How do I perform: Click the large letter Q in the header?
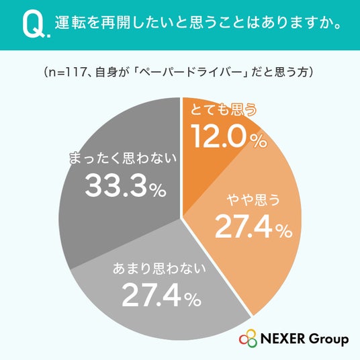pos(34,25)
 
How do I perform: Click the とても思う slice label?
pos(224,109)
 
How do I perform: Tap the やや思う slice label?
pos(253,199)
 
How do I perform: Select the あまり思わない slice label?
pos(159,269)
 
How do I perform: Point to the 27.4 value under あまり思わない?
pos(152,295)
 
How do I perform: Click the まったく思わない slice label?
pos(123,159)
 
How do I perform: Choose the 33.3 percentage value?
pos(116,185)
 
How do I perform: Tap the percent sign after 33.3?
pos(157,190)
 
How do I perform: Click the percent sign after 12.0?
pos(259,141)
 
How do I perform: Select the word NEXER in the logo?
pos(283,339)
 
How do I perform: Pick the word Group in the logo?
pos(328,339)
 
